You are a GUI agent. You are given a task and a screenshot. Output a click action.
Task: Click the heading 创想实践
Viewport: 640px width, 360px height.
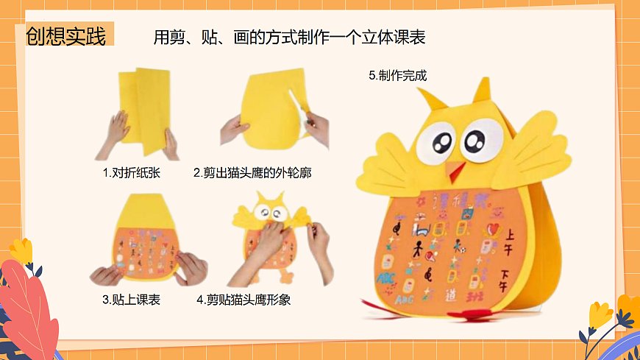click(66, 35)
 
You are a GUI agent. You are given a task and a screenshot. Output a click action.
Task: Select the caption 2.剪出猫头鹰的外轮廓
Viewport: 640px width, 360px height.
click(252, 174)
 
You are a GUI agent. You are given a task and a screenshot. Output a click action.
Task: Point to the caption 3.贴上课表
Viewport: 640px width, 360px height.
click(131, 300)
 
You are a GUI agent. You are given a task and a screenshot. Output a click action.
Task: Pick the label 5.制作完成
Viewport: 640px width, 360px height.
click(398, 75)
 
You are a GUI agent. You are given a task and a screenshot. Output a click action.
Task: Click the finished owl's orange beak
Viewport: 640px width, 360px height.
click(458, 172)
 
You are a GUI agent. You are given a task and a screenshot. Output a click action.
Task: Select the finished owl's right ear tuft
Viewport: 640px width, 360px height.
click(482, 90)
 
